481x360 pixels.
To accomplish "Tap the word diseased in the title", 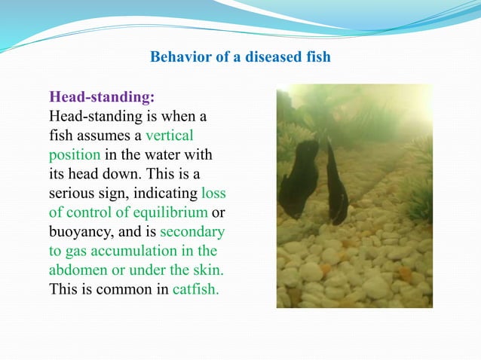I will [262, 57].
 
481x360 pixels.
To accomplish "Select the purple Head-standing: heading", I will [102, 97].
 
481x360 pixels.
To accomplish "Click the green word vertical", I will [170, 136].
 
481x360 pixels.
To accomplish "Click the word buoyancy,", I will [78, 231].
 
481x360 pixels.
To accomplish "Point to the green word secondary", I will [191, 231].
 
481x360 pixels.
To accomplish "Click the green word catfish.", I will [195, 288].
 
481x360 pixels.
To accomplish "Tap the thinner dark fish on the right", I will [335, 185].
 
